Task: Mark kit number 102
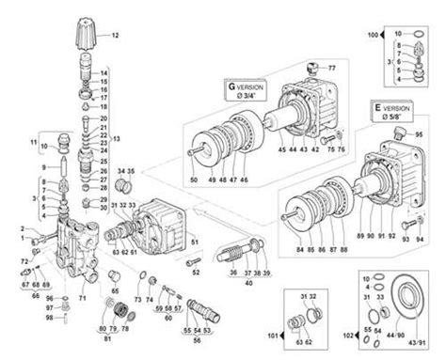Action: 348,334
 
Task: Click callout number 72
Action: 24,258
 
